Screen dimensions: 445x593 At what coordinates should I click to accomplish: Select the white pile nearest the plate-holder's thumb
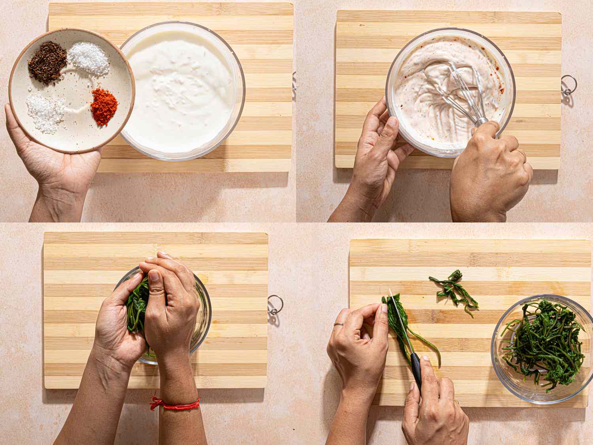[44, 112]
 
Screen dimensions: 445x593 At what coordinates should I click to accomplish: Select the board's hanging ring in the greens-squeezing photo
[275, 305]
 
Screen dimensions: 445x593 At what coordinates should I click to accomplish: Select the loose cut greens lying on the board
[453, 289]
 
